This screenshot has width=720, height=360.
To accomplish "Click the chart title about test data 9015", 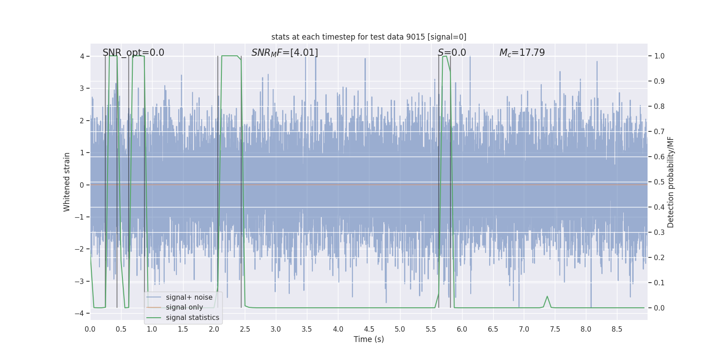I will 369,37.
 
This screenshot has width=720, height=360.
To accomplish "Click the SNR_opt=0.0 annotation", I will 133,53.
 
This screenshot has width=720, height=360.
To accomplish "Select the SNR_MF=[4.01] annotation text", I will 284,53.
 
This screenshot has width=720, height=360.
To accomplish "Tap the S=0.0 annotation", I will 452,53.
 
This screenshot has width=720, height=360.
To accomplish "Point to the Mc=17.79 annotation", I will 522,53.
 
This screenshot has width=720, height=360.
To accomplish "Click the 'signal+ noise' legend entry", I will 189,297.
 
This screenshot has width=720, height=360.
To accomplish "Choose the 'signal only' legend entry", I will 184,307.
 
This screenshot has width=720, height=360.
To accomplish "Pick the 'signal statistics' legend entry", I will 192,318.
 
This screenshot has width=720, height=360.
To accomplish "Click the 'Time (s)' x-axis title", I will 369,339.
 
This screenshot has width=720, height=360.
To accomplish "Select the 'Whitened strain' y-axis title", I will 67,182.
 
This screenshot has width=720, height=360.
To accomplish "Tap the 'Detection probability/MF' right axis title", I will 670,182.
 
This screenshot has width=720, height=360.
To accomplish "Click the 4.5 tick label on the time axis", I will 369,329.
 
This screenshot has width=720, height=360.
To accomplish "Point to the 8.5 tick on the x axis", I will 616,329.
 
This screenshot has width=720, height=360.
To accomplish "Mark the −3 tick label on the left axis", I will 80,281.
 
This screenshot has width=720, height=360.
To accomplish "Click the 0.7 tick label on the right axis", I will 659,132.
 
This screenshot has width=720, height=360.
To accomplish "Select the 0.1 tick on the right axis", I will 659,283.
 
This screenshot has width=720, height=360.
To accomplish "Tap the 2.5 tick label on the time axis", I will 245,329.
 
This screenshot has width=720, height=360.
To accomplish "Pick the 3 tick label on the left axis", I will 82,88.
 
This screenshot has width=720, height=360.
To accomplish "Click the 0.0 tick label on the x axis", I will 90,329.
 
